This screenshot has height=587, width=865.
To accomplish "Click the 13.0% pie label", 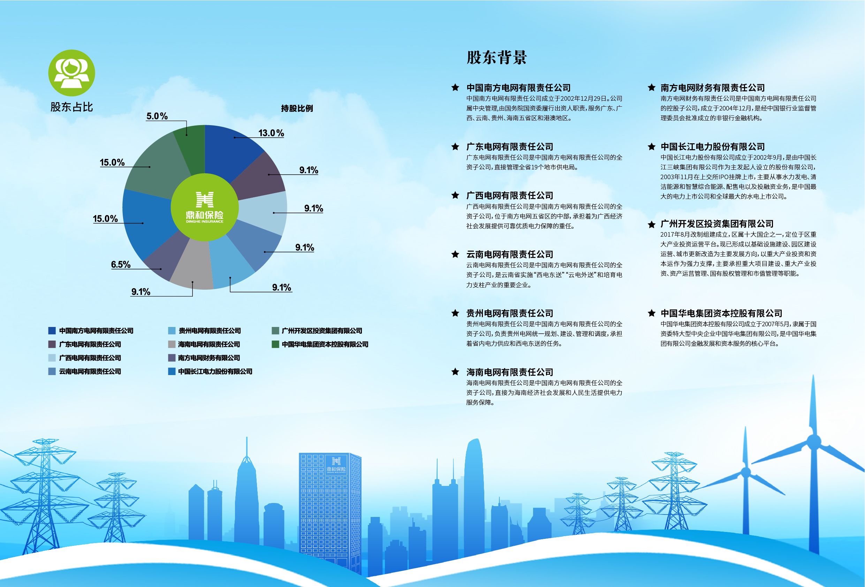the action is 271,133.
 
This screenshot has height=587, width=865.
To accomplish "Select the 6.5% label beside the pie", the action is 121,264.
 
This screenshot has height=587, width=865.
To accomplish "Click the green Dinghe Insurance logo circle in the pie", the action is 205,207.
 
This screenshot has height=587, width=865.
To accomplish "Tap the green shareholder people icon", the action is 72,73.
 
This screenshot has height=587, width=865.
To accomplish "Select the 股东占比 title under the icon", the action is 71,107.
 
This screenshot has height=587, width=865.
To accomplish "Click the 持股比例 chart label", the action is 297,108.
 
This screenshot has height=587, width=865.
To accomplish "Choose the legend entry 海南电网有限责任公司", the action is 209,344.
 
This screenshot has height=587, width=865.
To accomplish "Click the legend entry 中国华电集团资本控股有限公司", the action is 325,344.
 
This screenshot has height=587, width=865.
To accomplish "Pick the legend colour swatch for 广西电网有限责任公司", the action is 52,358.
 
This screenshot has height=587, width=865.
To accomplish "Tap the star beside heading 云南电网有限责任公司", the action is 455,254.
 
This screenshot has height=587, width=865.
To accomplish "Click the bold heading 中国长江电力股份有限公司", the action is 712,147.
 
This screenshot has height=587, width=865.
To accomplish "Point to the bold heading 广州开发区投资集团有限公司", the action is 717,224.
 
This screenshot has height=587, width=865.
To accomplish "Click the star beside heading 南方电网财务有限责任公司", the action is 651,87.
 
